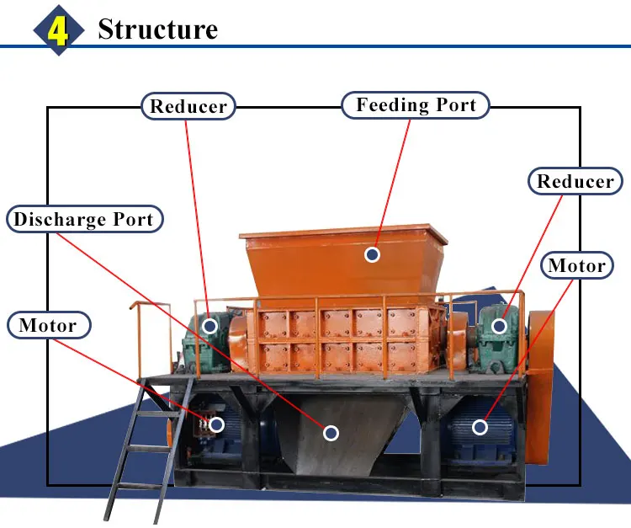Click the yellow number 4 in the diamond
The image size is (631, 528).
pyautogui.click(x=58, y=30)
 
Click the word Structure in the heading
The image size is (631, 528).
pyautogui.click(x=158, y=29)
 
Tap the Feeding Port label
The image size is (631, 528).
pyautogui.click(x=416, y=105)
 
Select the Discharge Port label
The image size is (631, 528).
pyautogui.click(x=84, y=219)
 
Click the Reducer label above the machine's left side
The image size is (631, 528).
pyautogui.click(x=188, y=106)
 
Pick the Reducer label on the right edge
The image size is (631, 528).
pyautogui.click(x=575, y=181)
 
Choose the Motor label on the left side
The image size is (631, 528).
pyautogui.click(x=49, y=325)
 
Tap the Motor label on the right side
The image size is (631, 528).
pyautogui.click(x=576, y=265)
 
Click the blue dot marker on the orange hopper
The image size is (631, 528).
pyautogui.click(x=372, y=254)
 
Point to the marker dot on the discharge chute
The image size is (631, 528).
pyautogui.click(x=331, y=433)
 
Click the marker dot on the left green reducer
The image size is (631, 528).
pyautogui.click(x=209, y=325)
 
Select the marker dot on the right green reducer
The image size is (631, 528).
pyautogui.click(x=499, y=326)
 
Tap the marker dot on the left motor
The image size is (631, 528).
pyautogui.click(x=217, y=424)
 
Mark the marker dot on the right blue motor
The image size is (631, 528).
pyautogui.click(x=480, y=427)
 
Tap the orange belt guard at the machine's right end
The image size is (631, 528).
pyautogui.click(x=539, y=387)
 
